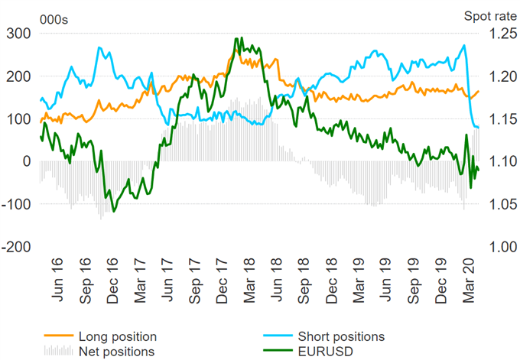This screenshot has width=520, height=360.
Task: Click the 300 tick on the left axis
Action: pos(18,34)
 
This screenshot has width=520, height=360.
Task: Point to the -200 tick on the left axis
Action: pos(16,248)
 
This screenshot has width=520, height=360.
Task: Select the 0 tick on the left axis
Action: pos(25,162)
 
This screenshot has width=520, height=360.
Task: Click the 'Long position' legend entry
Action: pos(117,336)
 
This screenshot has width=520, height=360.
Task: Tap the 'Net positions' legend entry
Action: pos(115,351)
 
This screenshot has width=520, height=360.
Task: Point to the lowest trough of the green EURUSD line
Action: pos(114,211)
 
